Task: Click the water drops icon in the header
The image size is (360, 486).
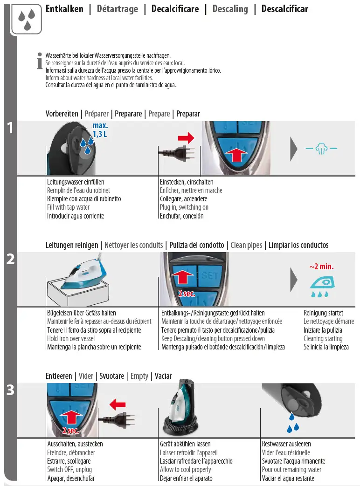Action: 27,19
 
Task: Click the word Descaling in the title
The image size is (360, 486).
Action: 230,9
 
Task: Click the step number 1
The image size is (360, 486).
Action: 10,128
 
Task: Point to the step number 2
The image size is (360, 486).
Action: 10,260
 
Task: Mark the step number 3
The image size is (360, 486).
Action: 10,390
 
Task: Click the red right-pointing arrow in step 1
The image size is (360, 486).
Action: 186,138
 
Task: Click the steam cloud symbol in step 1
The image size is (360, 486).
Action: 321,149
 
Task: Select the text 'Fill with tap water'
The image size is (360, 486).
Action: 68,207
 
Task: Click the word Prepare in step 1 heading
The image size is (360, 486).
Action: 159,114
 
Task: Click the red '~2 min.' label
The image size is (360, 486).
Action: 321,267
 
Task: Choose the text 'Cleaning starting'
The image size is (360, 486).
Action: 323,339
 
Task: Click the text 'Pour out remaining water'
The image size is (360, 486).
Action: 291,470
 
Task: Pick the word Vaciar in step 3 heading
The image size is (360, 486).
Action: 163,376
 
